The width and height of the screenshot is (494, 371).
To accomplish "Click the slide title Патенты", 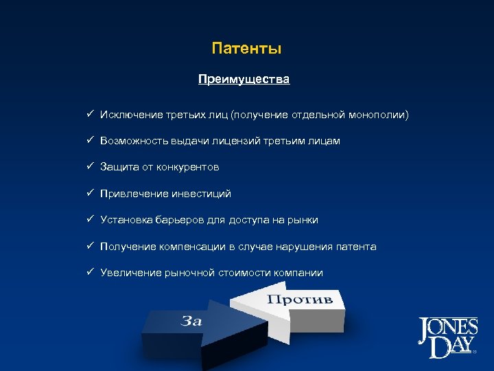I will click(246, 49).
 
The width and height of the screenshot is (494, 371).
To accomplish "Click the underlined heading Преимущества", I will click(244, 79).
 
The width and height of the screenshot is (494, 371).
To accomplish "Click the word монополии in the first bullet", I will click(381, 115).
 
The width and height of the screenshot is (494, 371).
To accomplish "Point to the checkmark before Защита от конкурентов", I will click(90, 167).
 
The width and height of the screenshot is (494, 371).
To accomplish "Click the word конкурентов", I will click(188, 167).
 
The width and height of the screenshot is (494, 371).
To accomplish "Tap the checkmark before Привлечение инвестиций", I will click(90, 194).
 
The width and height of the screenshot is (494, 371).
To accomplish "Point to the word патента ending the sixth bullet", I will click(356, 246).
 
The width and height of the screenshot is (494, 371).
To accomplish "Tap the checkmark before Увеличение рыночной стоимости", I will click(90, 272).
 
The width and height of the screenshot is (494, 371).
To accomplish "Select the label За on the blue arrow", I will click(192, 320).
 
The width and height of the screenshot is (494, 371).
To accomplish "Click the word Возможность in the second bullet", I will click(130, 141).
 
